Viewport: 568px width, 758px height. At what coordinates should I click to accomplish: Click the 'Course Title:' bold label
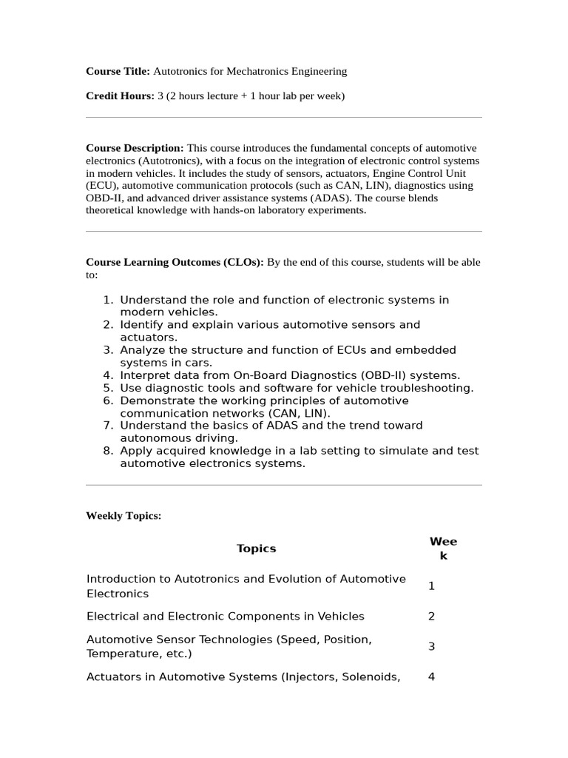(118, 71)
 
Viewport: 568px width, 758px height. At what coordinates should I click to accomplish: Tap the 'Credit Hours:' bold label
(120, 96)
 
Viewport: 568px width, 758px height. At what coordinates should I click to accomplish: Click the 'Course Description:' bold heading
(135, 148)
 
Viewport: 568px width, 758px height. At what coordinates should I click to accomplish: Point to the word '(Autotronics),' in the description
(161, 161)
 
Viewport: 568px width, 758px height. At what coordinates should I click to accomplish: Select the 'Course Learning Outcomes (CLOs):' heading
(175, 262)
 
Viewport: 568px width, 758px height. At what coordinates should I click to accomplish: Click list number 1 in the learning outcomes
(107, 300)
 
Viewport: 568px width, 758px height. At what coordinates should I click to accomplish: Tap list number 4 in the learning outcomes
(107, 375)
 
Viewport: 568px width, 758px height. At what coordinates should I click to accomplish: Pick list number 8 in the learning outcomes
(107, 451)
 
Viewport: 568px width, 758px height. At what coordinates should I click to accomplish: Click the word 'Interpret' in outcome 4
(144, 375)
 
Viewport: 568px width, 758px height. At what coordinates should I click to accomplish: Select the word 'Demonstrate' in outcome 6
(155, 400)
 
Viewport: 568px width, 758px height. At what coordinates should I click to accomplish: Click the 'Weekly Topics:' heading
(124, 516)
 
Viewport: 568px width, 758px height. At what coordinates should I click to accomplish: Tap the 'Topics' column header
(256, 549)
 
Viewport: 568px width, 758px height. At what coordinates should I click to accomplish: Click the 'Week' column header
(443, 549)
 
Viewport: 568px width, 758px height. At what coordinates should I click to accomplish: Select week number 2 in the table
(431, 617)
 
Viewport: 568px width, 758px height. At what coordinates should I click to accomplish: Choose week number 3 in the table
(431, 647)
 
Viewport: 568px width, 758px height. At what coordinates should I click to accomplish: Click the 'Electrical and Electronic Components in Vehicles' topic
(226, 617)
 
